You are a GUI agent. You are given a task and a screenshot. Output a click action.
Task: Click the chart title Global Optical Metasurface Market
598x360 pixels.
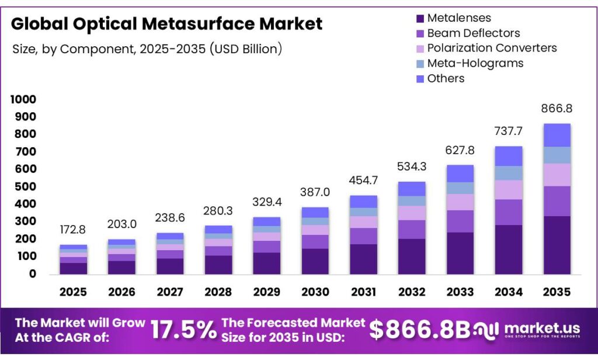pos(166,24)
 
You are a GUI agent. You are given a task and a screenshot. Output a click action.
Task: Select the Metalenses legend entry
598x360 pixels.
pos(458,18)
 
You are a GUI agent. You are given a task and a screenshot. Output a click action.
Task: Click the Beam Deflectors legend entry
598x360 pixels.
pos(473,33)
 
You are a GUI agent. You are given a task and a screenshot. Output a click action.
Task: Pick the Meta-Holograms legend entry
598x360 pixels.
pos(475,63)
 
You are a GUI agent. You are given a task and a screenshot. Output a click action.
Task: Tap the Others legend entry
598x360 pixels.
pos(446,78)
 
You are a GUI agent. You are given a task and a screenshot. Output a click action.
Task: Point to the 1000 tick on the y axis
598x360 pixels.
pos(23,100)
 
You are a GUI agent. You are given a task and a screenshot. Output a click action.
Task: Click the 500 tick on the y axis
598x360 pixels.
pos(27,187)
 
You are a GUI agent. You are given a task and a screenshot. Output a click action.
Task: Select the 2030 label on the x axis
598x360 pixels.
pos(315,292)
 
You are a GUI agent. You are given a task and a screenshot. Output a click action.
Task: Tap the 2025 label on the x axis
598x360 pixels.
pos(73,292)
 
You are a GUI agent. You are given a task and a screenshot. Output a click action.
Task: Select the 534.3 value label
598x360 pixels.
pos(411,167)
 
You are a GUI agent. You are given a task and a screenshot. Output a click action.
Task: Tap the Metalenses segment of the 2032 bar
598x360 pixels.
pos(411,256)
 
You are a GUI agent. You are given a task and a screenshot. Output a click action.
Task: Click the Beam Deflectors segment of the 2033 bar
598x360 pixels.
pos(460,221)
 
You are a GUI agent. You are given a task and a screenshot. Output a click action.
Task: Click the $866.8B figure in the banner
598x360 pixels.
pos(420,330)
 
